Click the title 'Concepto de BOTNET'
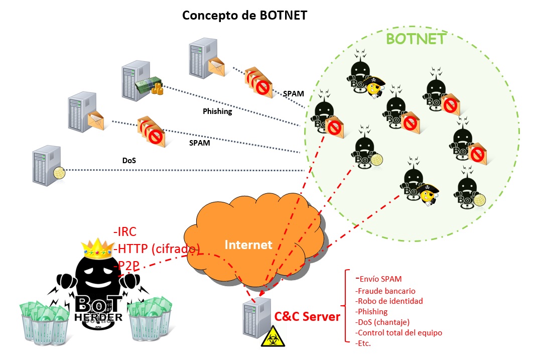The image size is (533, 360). click(244, 15)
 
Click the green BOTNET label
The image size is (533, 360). click(416, 39)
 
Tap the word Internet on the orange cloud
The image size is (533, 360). click(248, 245)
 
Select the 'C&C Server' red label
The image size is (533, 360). click(307, 316)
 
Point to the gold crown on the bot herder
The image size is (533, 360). click(98, 247)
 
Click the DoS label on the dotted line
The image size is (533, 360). click(129, 161)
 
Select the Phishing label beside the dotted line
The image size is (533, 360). click(217, 111)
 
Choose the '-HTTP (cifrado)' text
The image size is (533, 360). click(157, 249)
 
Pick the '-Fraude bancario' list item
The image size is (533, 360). click(385, 291)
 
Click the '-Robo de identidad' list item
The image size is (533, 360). click(388, 301)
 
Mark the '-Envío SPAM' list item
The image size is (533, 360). click(378, 279)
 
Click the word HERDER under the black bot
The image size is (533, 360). click(98, 317)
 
